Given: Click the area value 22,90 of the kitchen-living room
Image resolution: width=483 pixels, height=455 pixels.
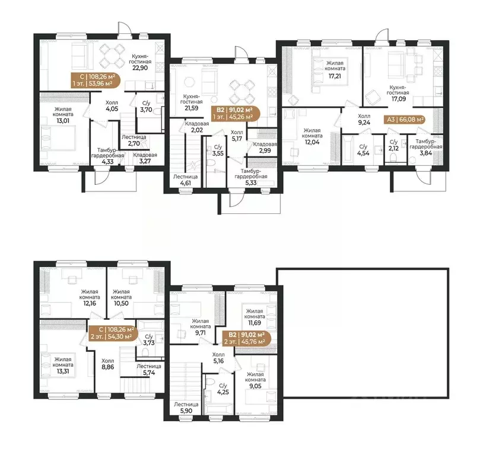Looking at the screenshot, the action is [x=140, y=68].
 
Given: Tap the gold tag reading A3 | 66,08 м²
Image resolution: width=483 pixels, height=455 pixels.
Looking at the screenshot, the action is [x=405, y=119].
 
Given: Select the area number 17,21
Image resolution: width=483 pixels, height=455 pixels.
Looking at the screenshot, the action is [x=335, y=76].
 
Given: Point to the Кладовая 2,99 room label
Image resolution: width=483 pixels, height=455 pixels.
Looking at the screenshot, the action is [x=265, y=147].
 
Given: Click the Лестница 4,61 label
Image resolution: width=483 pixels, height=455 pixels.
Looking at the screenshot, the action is [x=186, y=180].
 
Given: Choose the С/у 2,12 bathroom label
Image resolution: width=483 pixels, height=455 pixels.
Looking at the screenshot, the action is [x=393, y=145].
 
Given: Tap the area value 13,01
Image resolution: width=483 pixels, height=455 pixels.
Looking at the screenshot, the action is [x=63, y=121].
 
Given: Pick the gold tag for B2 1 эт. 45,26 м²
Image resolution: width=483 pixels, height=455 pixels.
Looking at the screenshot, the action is [x=235, y=113].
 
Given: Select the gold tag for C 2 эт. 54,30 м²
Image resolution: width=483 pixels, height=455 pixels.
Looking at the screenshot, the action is [x=112, y=333].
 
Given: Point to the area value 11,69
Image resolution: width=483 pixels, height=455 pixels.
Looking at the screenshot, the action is [x=255, y=323].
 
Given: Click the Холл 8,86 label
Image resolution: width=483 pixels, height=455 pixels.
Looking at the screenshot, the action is [x=107, y=364].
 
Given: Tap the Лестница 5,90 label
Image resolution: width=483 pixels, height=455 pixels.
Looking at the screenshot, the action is [x=186, y=408].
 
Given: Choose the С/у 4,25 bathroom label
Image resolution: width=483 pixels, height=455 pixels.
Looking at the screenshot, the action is [x=223, y=389].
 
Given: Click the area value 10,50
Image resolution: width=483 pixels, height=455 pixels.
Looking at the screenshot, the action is [x=121, y=303].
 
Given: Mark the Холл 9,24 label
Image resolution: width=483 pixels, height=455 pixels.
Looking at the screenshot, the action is [x=364, y=119].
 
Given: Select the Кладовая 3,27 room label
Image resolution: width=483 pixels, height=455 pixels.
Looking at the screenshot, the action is [x=145, y=158].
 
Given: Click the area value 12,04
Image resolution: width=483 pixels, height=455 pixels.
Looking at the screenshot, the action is [x=312, y=142].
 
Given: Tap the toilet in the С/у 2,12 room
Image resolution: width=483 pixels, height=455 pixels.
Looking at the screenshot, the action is [x=393, y=158].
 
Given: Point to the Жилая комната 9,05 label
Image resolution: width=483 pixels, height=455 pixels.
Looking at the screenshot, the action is [x=255, y=380].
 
